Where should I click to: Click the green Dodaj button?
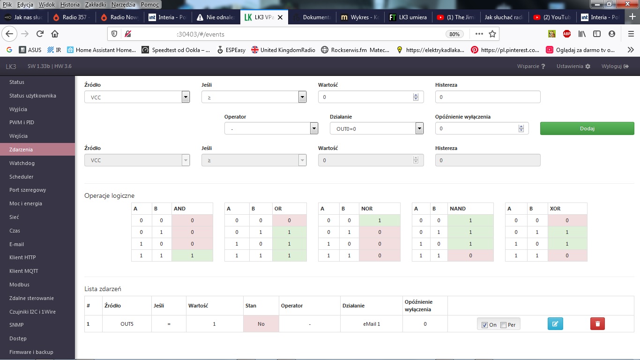coord(587,128)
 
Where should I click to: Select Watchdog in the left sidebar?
coord(22,163)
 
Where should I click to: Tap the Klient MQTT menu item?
coord(24,271)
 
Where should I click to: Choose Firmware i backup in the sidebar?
coord(31,352)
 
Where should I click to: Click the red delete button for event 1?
coord(597,324)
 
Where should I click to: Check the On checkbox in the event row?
coord(485,325)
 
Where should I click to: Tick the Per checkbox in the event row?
coord(504,325)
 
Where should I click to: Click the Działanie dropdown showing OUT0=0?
coord(377,128)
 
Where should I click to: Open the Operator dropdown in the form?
coord(271,128)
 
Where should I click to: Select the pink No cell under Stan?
coord(261,324)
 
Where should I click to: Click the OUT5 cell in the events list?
coord(127,324)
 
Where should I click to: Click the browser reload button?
coord(40,34)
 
